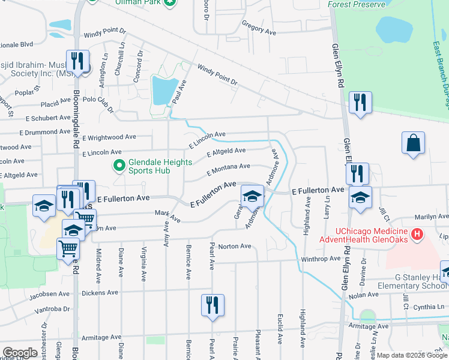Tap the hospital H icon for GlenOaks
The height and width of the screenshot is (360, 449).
[x=415, y=233]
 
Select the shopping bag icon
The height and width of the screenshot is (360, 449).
[x=413, y=143]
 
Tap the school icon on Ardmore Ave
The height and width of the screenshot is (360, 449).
[x=253, y=196]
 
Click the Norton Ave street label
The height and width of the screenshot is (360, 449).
[x=235, y=246]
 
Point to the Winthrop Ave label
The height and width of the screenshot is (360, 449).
[x=320, y=259]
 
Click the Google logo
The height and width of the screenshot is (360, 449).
[x=20, y=352]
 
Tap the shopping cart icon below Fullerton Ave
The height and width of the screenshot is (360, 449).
[x=68, y=248]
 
